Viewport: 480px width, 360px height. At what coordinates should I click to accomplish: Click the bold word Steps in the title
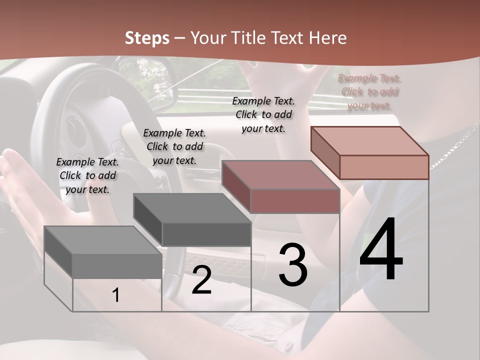[x=146, y=38]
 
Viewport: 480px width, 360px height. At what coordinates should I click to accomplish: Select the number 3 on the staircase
[x=293, y=264]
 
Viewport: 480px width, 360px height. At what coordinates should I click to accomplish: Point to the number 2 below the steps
[x=201, y=280]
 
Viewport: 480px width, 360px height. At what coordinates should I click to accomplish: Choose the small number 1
[x=116, y=295]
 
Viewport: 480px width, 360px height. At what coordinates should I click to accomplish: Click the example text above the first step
[x=87, y=175]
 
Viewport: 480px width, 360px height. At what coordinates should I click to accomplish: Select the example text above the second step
[x=174, y=146]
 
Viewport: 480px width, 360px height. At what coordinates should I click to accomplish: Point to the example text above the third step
[x=263, y=114]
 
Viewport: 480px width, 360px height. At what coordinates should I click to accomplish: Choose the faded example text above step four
[x=369, y=92]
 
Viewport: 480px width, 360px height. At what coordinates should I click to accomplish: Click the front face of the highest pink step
[x=384, y=167]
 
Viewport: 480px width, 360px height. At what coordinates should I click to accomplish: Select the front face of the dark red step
[x=295, y=201]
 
